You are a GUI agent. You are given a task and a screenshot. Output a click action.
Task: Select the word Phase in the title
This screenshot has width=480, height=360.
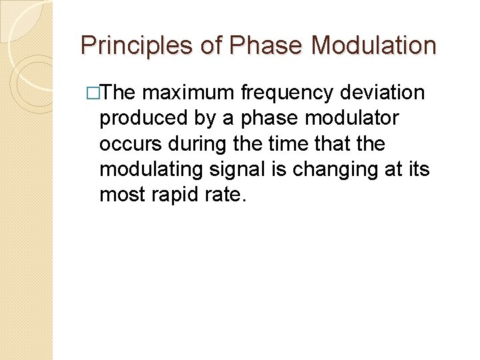click(x=266, y=45)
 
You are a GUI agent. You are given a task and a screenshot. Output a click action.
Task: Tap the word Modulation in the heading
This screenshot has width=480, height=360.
click(x=374, y=45)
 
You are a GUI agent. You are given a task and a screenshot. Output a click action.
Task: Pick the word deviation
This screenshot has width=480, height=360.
click(x=385, y=93)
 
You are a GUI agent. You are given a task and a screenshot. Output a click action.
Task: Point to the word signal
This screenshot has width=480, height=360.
click(x=229, y=169)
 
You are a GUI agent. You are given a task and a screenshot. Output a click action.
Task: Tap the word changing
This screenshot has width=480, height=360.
click(x=325, y=169)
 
